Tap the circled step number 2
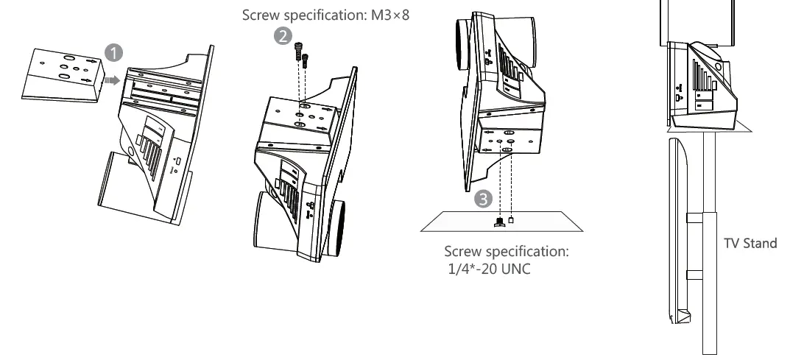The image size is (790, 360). click(x=282, y=36)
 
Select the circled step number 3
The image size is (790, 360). click(x=482, y=197)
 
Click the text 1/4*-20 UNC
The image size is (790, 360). click(x=489, y=269)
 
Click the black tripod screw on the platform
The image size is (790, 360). click(x=499, y=220)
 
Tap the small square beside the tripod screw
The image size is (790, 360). click(x=511, y=219)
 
